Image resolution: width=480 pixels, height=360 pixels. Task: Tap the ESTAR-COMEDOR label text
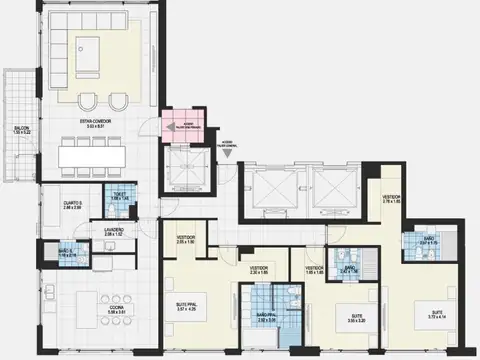pyautogui.click(x=98, y=124)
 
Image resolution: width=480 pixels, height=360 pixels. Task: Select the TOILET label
pyautogui.click(x=119, y=197)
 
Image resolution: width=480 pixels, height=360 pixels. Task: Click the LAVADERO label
pyautogui.click(x=113, y=231)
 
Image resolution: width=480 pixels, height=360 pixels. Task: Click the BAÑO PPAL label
pyautogui.click(x=266, y=317)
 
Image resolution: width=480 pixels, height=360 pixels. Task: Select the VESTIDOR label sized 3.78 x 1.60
pyautogui.click(x=391, y=199)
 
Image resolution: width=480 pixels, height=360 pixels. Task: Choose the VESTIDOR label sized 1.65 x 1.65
pyautogui.click(x=314, y=270)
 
